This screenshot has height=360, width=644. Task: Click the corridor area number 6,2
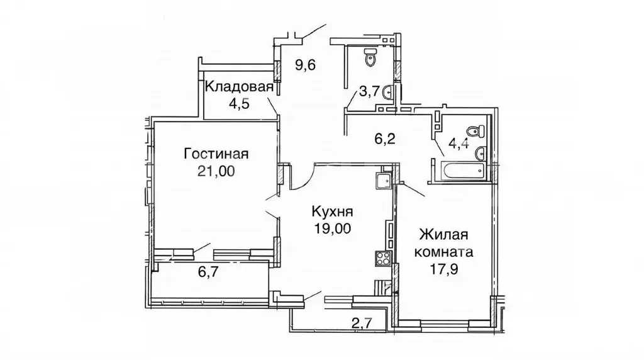coord(386,139)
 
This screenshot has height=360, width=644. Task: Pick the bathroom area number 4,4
coord(457,142)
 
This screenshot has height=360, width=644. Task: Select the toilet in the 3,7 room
coord(370,58)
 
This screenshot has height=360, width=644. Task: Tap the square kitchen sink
coord(382,181)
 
